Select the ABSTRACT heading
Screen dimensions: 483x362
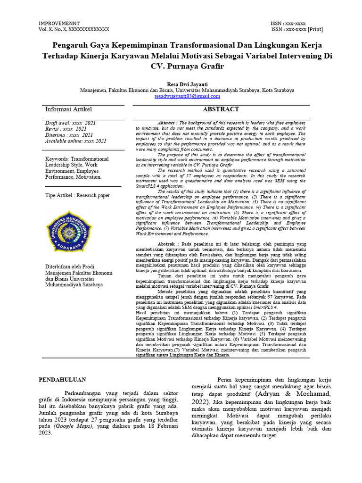coord(221,109)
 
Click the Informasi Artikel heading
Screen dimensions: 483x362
coord(69,109)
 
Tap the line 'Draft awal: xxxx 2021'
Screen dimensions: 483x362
coord(70,123)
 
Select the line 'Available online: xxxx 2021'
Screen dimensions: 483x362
coord(75,141)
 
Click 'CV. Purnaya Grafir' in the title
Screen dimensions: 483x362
coord(187,66)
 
